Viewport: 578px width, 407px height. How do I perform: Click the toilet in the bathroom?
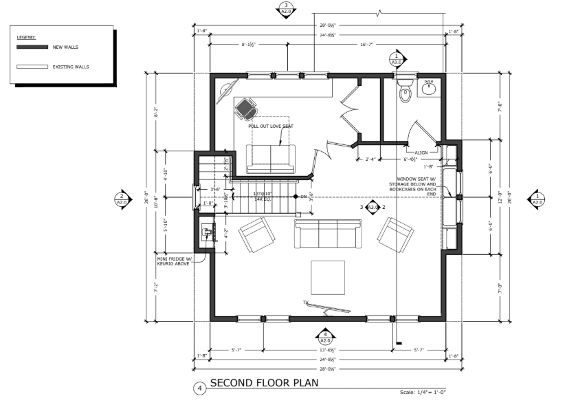[405, 93]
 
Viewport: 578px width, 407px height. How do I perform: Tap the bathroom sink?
[429, 87]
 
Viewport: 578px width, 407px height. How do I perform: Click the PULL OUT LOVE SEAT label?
[270, 126]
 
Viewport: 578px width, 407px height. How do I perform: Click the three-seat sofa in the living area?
[328, 234]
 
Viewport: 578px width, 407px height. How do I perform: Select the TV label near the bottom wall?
[304, 302]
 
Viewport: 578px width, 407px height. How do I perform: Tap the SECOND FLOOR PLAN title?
[264, 384]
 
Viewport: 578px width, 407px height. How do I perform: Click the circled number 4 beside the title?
[199, 388]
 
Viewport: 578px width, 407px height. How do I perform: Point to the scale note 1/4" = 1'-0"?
[422, 393]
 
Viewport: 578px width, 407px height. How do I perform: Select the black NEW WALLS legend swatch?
[32, 47]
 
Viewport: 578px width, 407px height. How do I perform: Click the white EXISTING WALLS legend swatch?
[32, 67]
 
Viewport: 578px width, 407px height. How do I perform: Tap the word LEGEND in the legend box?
[25, 36]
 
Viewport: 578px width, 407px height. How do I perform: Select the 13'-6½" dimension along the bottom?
[327, 349]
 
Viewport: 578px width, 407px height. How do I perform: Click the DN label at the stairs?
[304, 197]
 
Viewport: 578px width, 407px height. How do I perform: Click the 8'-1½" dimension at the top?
[249, 45]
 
